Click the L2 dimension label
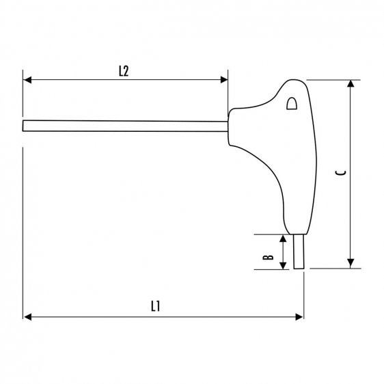[124, 70]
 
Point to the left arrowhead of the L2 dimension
[27, 80]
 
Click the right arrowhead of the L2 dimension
[223, 80]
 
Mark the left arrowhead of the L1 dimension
[27, 316]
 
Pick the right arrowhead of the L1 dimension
[299, 316]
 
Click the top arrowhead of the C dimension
[351, 84]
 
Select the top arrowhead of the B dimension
[283, 238]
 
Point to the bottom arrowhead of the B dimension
[283, 264]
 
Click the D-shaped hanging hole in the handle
[292, 104]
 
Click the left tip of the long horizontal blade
[25, 126]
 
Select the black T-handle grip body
[273, 150]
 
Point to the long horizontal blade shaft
[123, 126]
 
